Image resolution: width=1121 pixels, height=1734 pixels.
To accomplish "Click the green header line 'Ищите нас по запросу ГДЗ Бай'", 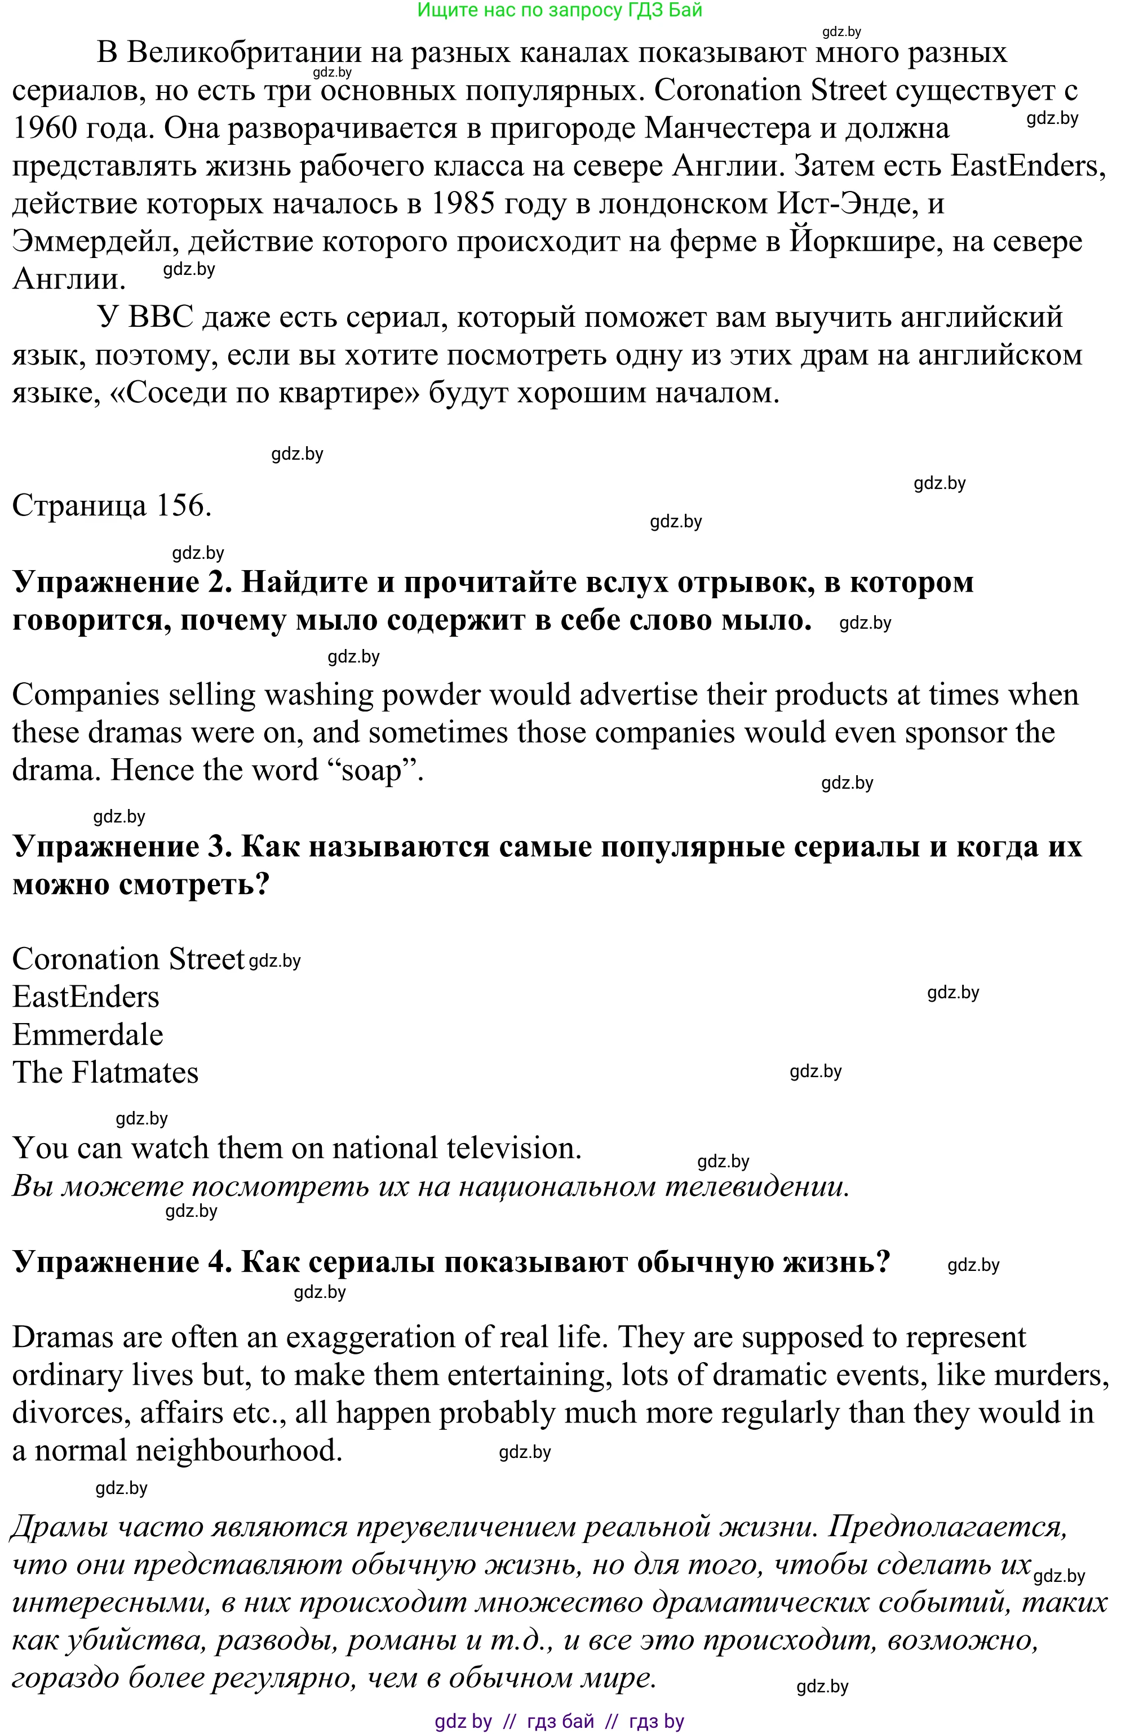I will [x=559, y=10].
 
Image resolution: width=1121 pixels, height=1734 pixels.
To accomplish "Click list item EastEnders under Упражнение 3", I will [x=86, y=998].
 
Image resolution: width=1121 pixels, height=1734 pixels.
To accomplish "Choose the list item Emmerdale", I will [x=88, y=1035].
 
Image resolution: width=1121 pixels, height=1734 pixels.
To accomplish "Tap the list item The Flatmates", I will [x=105, y=1073].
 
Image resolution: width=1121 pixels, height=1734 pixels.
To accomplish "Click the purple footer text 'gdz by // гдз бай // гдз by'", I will [x=559, y=1722].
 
